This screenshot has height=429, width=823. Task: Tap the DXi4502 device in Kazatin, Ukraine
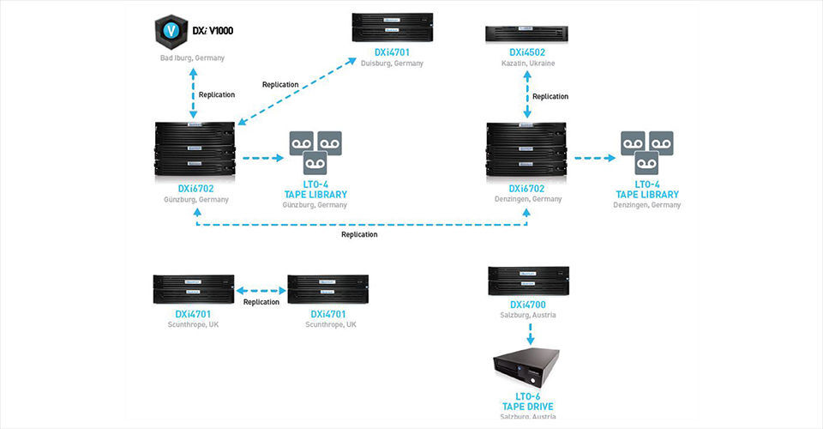coord(526,34)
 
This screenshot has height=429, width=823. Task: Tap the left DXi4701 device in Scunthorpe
coord(193,290)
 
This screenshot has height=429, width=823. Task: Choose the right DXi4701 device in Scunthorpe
coord(327,290)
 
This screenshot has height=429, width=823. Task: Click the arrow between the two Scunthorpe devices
coord(261,290)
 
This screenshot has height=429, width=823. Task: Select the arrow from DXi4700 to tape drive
coord(528,334)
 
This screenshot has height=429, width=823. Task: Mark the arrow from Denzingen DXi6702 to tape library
coord(594,158)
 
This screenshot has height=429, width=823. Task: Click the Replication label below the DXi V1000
coord(216,95)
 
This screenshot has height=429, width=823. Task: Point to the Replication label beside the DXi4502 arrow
coord(550,97)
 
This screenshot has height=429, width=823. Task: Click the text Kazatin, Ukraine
coord(527,63)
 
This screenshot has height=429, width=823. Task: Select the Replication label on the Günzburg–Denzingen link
coord(359,234)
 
